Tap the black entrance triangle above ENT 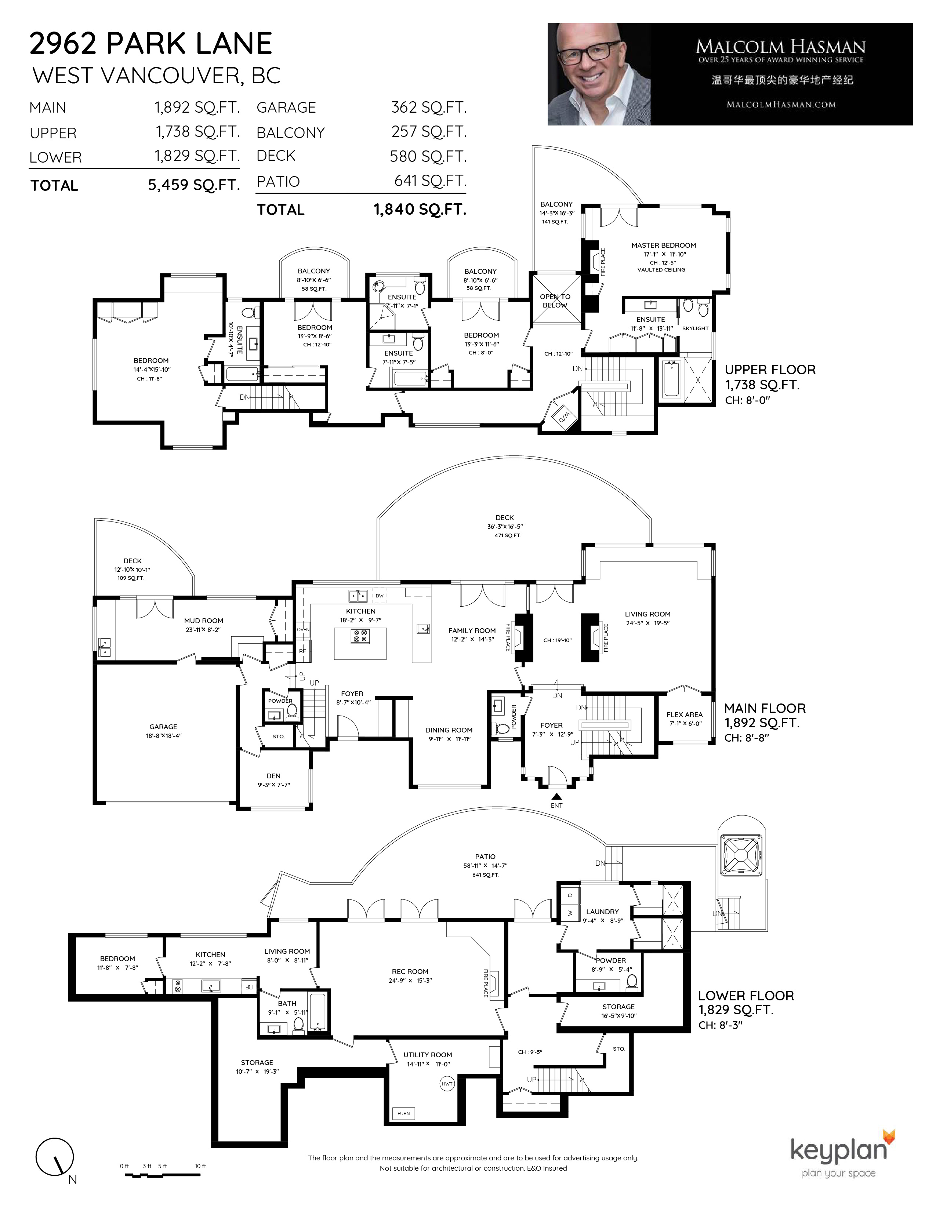click(x=556, y=796)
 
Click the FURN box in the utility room click(x=404, y=1113)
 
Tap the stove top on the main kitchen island click(x=360, y=636)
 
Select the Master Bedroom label click(x=663, y=245)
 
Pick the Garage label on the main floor click(x=163, y=726)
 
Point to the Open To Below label click(x=555, y=301)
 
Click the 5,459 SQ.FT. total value click(x=193, y=185)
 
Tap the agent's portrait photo click(x=599, y=74)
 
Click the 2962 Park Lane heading click(x=151, y=43)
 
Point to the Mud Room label click(x=203, y=621)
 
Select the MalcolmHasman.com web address click(x=781, y=104)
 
